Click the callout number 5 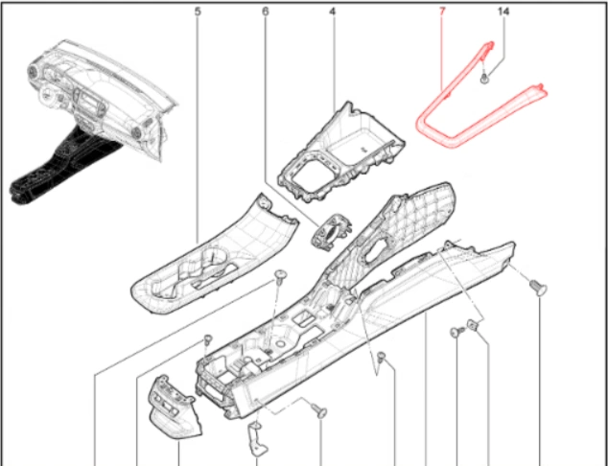click(198, 12)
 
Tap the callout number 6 click(266, 12)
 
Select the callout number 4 click(333, 12)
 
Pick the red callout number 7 click(442, 12)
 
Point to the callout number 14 click(503, 12)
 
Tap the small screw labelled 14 click(484, 79)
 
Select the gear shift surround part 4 click(340, 152)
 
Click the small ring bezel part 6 click(332, 231)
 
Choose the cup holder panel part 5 click(215, 256)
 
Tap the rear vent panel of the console click(175, 408)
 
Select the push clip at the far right click(539, 288)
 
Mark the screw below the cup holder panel click(280, 277)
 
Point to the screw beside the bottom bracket click(319, 411)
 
